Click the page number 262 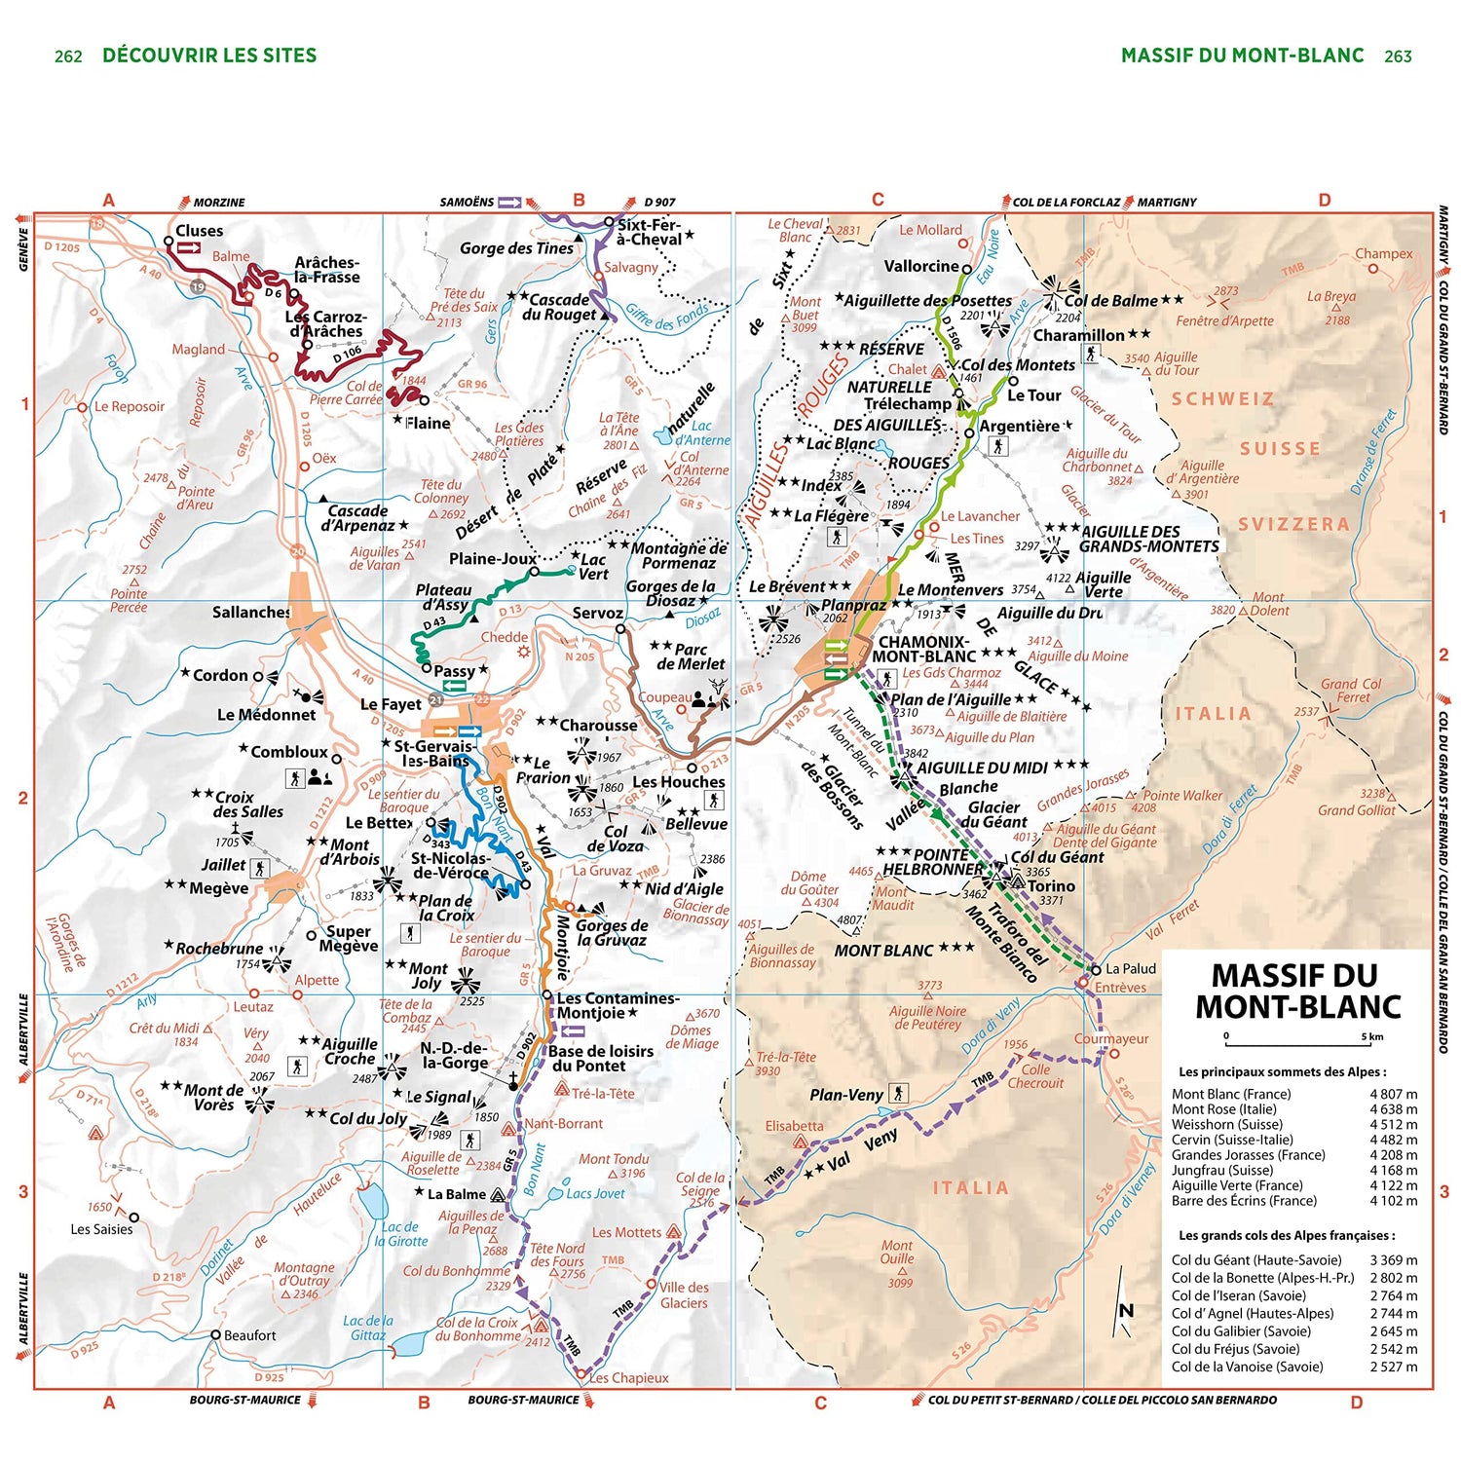pyautogui.click(x=68, y=56)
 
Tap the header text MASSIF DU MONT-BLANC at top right pyautogui.click(x=1242, y=56)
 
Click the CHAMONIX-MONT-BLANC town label pyautogui.click(x=922, y=650)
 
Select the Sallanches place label pyautogui.click(x=251, y=613)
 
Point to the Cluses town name pyautogui.click(x=199, y=231)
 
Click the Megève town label pyautogui.click(x=219, y=888)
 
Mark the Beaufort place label pyautogui.click(x=249, y=1335)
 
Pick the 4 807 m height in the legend pyautogui.click(x=1393, y=1094)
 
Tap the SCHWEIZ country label pyautogui.click(x=1222, y=399)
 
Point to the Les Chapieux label pyautogui.click(x=628, y=1378)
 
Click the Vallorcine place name pyautogui.click(x=921, y=266)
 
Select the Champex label pyautogui.click(x=1383, y=253)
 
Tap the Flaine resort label pyautogui.click(x=428, y=423)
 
